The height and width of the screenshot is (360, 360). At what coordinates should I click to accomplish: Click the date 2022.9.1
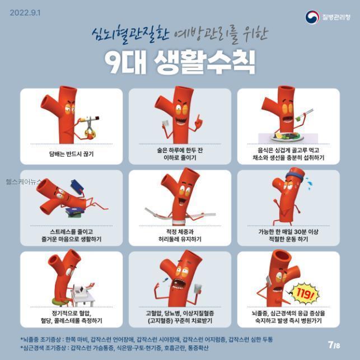click(25, 13)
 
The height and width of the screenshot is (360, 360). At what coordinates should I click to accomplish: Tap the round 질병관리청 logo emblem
click(312, 17)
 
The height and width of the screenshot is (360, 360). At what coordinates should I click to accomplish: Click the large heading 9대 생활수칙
click(180, 62)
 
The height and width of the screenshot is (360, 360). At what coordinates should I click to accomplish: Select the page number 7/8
click(334, 345)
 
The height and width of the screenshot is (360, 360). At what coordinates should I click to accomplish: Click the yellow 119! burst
click(304, 293)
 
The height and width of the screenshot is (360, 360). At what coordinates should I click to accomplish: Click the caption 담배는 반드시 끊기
click(72, 153)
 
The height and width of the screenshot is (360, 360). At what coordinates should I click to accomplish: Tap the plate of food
click(287, 137)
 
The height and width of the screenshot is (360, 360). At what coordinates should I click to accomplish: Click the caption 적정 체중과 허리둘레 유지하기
click(180, 235)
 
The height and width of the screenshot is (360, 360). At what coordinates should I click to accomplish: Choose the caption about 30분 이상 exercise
click(288, 235)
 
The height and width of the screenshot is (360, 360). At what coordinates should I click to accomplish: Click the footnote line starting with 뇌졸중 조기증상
click(147, 339)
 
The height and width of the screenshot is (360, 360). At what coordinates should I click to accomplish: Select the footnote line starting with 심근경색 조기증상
click(114, 348)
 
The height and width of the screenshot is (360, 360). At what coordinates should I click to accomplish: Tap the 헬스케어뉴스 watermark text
click(24, 182)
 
